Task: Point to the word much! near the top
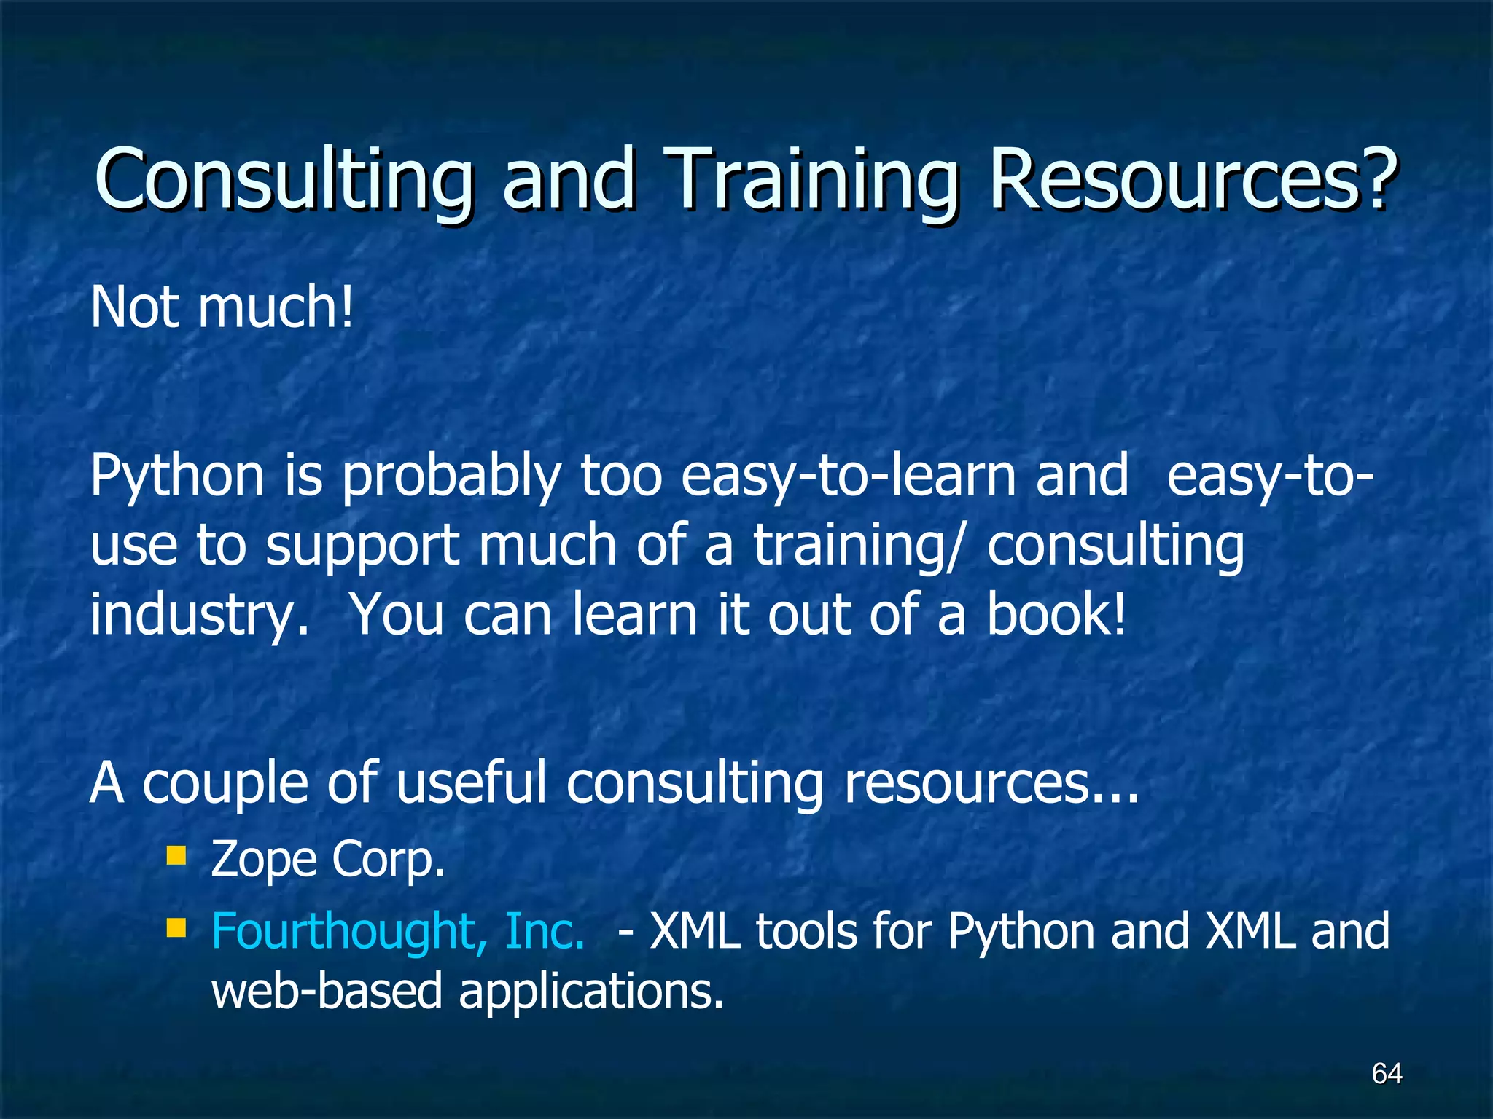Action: (x=276, y=307)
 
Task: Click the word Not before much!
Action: (x=135, y=307)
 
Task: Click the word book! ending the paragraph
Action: (x=1056, y=614)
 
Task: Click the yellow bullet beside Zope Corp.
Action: (x=176, y=855)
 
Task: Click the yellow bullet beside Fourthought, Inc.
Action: (x=176, y=927)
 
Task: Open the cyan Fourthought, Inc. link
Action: (x=398, y=932)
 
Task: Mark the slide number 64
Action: (x=1387, y=1073)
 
